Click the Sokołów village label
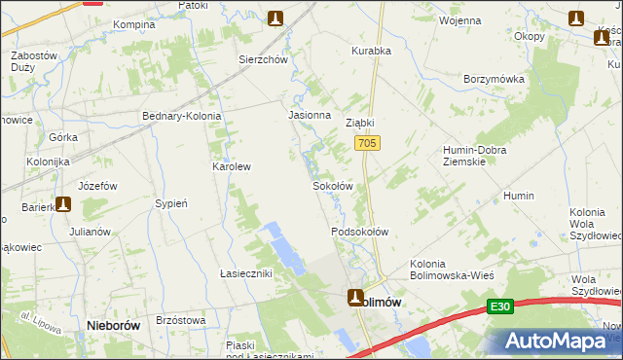(331, 185)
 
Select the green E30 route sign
(500, 306)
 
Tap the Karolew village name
(232, 166)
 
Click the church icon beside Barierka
(64, 204)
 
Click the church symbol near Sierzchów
(275, 18)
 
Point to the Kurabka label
(370, 51)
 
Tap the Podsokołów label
(360, 232)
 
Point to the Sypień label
(171, 203)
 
